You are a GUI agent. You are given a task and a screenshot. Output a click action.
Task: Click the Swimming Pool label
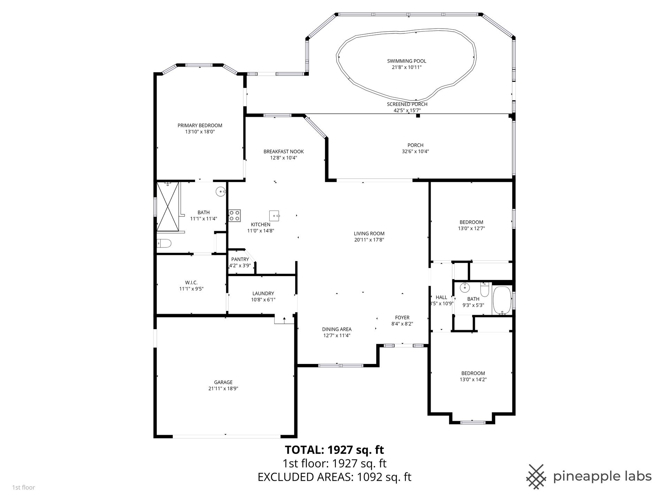(x=407, y=61)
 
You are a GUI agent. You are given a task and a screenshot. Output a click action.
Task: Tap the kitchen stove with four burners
(x=234, y=215)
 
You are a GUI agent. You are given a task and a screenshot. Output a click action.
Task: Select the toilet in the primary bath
(x=164, y=243)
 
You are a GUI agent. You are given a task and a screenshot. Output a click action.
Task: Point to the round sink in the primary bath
(x=221, y=191)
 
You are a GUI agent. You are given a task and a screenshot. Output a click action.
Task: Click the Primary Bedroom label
(x=200, y=125)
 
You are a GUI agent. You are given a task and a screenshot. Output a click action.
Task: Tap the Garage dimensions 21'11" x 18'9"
(x=223, y=388)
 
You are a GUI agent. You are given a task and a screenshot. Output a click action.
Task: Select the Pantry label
(x=240, y=259)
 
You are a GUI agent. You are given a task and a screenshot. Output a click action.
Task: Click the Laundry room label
(x=263, y=294)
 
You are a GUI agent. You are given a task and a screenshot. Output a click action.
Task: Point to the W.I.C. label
(x=191, y=283)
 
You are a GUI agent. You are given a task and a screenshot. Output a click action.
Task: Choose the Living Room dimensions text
(x=369, y=240)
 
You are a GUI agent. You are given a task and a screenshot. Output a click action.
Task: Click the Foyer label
(x=402, y=318)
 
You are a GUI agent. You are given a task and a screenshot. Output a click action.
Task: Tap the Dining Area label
(x=337, y=329)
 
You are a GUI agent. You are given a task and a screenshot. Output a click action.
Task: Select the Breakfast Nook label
(x=284, y=152)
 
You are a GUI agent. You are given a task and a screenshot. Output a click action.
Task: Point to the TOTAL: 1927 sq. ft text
(x=334, y=450)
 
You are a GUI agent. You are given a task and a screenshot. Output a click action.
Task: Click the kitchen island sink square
(x=275, y=215)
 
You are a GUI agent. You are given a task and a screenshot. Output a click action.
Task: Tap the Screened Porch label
(x=407, y=104)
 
